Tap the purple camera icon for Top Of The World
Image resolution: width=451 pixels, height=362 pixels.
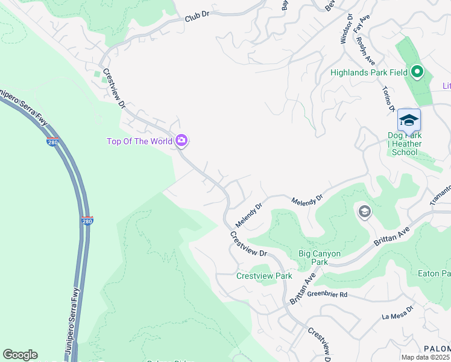181,141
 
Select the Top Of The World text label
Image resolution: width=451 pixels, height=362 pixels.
139,142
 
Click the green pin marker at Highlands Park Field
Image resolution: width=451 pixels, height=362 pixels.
417,72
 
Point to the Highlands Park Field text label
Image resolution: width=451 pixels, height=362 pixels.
369,72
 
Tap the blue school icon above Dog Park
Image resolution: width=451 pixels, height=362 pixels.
409,120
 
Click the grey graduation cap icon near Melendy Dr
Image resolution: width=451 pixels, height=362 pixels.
364,212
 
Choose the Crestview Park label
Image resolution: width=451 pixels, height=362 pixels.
264,276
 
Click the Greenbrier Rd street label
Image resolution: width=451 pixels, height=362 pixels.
327,294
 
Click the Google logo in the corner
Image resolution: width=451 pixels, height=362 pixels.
20,355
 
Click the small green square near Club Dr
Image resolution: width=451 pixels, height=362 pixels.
96,74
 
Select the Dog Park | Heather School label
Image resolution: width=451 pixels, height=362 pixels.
404,144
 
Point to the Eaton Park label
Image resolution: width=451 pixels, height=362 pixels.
434,273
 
